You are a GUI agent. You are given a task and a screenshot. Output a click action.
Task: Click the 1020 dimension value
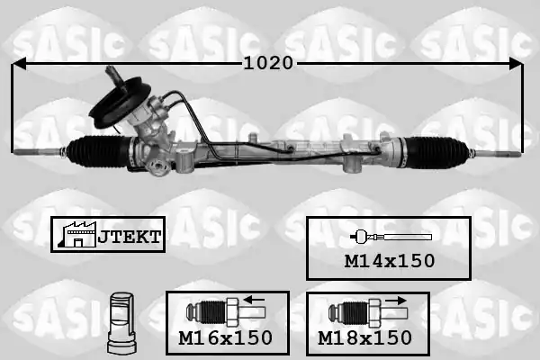(268, 63)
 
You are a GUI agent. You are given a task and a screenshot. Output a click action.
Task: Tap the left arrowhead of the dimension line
(19, 64)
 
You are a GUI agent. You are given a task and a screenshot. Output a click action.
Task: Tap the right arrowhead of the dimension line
(516, 64)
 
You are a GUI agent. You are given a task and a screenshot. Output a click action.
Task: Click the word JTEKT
(130, 237)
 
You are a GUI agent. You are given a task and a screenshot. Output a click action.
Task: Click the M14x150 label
(390, 261)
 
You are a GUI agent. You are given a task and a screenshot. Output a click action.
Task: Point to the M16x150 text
(226, 337)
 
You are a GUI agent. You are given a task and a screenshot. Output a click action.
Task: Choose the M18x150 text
(364, 337)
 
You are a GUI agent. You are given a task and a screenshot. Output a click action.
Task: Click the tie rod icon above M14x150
(391, 237)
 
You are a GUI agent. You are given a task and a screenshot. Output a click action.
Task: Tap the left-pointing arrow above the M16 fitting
(254, 300)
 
